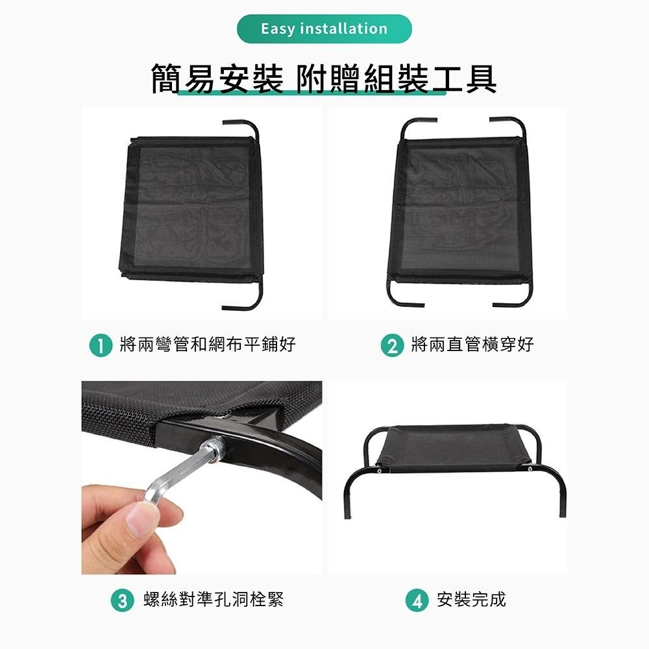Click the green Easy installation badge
pos(324,29)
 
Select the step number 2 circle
pos(391,345)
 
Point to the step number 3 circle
pos(121,600)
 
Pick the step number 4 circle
pos(416,600)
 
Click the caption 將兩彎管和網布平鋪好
pos(208,345)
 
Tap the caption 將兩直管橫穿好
pos(472,345)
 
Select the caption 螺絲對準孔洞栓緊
pos(214,600)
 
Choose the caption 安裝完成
pos(471,600)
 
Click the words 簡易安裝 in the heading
pos(217,79)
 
